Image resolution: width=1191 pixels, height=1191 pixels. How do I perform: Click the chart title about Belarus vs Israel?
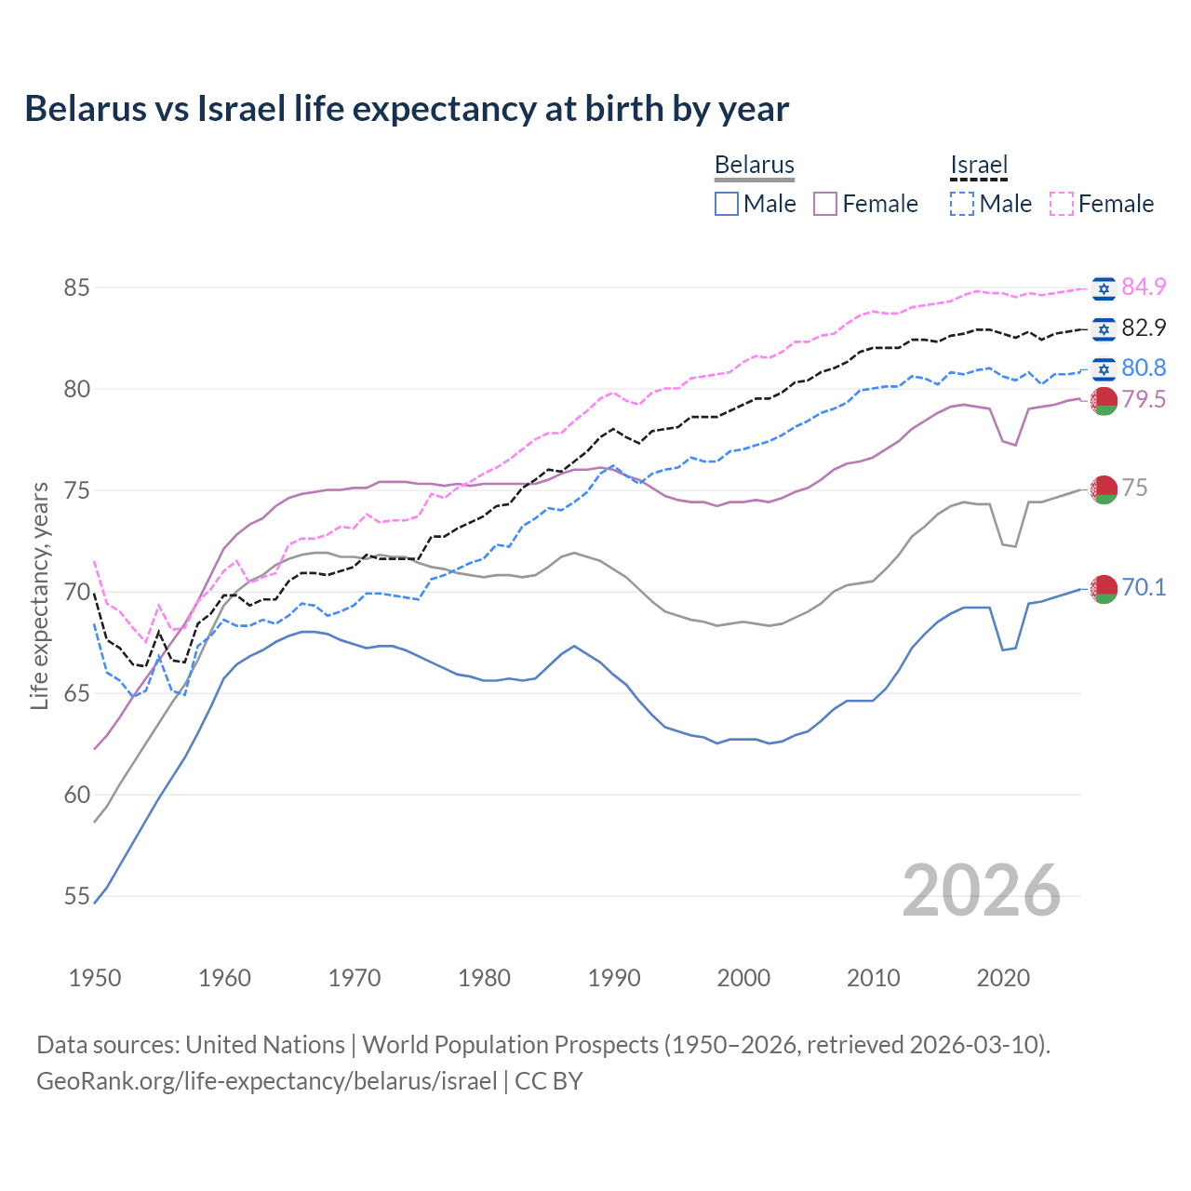pyautogui.click(x=407, y=109)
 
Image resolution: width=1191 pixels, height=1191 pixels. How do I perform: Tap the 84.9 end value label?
pyautogui.click(x=1144, y=287)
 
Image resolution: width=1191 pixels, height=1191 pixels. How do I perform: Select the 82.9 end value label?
pyautogui.click(x=1144, y=328)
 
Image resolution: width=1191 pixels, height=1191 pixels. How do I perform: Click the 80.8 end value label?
pyautogui.click(x=1144, y=368)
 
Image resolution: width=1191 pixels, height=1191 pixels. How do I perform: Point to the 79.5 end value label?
pyautogui.click(x=1144, y=399)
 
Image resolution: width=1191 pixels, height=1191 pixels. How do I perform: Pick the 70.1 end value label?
pyautogui.click(x=1144, y=587)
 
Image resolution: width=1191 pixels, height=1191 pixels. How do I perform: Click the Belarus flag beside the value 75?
pyautogui.click(x=1104, y=488)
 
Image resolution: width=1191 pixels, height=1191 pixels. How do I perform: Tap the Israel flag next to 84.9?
pyautogui.click(x=1104, y=288)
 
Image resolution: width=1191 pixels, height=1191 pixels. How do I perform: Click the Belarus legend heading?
pyautogui.click(x=754, y=165)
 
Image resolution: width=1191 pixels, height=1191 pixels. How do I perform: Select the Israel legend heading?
pyautogui.click(x=979, y=165)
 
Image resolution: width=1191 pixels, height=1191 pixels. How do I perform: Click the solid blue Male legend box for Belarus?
pyautogui.click(x=727, y=204)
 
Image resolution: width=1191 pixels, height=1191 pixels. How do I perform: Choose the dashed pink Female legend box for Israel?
pyautogui.click(x=1062, y=204)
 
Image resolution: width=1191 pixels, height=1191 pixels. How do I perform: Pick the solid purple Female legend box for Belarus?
pyautogui.click(x=825, y=204)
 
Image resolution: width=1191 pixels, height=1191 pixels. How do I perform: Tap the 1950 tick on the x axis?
pyautogui.click(x=95, y=978)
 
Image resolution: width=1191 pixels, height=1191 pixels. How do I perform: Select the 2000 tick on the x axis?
pyautogui.click(x=743, y=978)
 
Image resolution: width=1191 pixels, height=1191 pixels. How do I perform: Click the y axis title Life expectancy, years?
pyautogui.click(x=39, y=595)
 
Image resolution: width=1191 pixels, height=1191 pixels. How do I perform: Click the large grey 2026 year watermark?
pyautogui.click(x=981, y=890)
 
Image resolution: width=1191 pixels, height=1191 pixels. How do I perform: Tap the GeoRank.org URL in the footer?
pyautogui.click(x=266, y=1080)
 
